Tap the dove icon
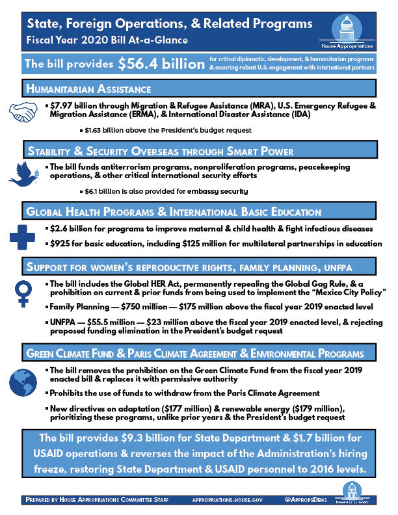24,172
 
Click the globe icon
25,382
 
